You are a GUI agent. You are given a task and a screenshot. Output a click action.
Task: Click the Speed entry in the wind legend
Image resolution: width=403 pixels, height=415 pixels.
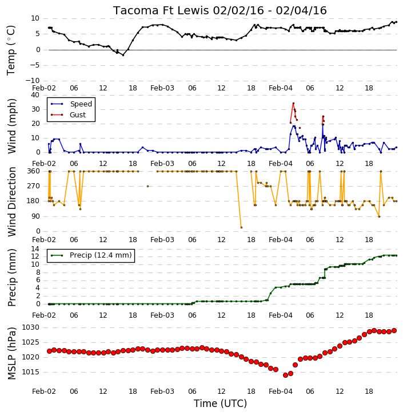tap(81, 104)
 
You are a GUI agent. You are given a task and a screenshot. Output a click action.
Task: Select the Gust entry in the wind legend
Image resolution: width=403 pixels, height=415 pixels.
tap(78, 115)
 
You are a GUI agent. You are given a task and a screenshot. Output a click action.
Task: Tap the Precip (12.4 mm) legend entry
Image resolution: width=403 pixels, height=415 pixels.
tap(101, 255)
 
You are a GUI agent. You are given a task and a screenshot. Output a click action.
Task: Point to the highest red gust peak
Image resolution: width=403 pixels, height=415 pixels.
tap(293, 103)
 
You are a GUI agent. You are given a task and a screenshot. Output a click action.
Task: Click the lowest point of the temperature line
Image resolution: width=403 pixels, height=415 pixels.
tap(123, 55)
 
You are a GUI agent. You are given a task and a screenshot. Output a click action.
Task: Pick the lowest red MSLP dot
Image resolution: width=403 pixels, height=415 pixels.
tap(285, 375)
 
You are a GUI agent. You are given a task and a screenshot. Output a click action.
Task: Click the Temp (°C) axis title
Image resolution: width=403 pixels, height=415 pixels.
tap(11, 50)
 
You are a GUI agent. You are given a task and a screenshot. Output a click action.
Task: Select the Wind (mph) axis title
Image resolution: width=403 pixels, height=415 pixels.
tap(11, 127)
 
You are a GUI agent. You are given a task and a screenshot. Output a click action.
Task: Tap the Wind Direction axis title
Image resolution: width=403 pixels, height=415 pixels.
tap(11, 202)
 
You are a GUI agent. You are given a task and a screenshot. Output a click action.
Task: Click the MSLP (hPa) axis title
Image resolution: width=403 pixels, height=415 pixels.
tap(11, 353)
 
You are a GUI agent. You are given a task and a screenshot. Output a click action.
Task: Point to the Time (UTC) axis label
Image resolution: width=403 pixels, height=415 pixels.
tap(220, 404)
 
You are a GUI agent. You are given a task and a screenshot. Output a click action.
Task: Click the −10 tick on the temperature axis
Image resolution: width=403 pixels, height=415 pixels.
tap(32, 81)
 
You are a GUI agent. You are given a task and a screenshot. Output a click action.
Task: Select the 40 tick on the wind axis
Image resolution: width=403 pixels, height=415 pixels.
tap(35, 95)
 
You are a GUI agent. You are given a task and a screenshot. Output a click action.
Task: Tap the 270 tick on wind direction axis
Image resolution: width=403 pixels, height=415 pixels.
tap(34, 186)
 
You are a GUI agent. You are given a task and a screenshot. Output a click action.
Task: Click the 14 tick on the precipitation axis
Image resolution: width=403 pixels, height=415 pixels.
tap(35, 249)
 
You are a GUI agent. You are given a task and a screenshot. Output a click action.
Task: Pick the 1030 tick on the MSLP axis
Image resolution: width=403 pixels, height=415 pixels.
tap(31, 327)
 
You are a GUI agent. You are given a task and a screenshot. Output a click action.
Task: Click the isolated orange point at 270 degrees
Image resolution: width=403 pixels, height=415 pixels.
tap(147, 187)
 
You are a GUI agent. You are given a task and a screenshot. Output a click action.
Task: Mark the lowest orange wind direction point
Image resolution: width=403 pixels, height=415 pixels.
tap(241, 228)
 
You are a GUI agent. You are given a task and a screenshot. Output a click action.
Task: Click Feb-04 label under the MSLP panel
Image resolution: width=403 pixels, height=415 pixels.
tap(280, 392)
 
